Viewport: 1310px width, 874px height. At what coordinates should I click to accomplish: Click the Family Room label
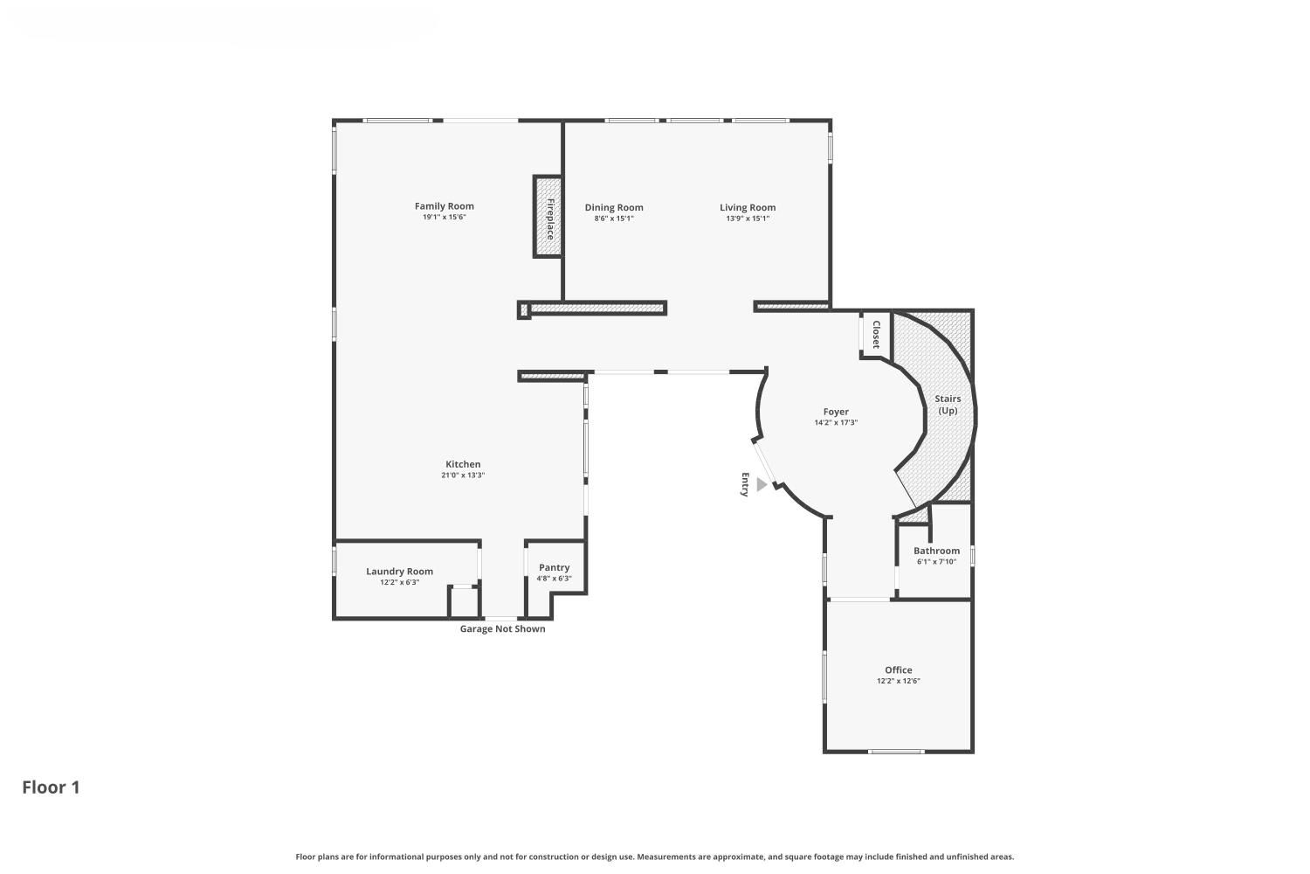(444, 206)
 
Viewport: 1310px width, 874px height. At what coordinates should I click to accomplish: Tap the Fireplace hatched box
(548, 217)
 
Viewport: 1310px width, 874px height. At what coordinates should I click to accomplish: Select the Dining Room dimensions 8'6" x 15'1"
(613, 218)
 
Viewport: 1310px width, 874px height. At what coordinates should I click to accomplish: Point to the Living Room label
(748, 207)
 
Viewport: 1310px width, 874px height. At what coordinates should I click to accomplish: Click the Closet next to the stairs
(875, 334)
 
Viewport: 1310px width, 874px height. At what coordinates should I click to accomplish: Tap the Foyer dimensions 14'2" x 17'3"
(836, 423)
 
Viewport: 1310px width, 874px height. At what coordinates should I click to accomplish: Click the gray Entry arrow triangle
(762, 484)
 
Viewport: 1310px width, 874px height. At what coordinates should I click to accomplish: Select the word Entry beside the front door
(745, 484)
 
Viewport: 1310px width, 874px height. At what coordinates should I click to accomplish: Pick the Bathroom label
(936, 551)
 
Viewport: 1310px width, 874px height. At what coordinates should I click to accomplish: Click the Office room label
(898, 670)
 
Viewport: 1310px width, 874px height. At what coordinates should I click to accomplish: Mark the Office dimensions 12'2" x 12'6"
(898, 682)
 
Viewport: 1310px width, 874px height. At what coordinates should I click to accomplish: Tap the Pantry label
(554, 567)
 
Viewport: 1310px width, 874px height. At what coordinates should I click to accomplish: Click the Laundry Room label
(399, 572)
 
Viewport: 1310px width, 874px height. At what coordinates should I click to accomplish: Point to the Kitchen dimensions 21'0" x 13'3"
(463, 475)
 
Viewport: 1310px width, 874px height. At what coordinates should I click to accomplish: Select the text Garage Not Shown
(502, 629)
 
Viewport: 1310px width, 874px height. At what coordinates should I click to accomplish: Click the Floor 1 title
(51, 787)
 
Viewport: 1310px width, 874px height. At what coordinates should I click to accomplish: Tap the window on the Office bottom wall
(896, 751)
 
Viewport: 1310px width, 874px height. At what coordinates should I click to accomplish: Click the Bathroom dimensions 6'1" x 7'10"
(936, 562)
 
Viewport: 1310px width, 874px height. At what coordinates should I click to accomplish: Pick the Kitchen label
(463, 464)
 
